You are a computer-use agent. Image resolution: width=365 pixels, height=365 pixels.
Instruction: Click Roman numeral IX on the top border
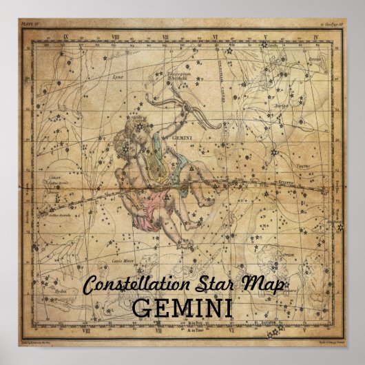click(x=65, y=38)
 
